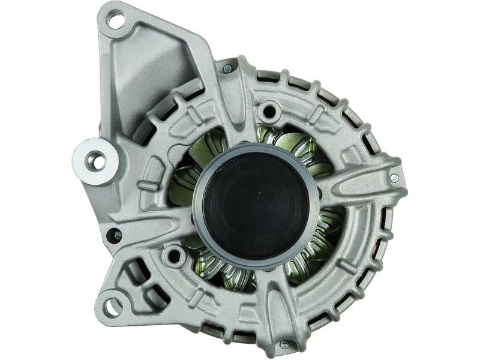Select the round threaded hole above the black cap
coord(271,109)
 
